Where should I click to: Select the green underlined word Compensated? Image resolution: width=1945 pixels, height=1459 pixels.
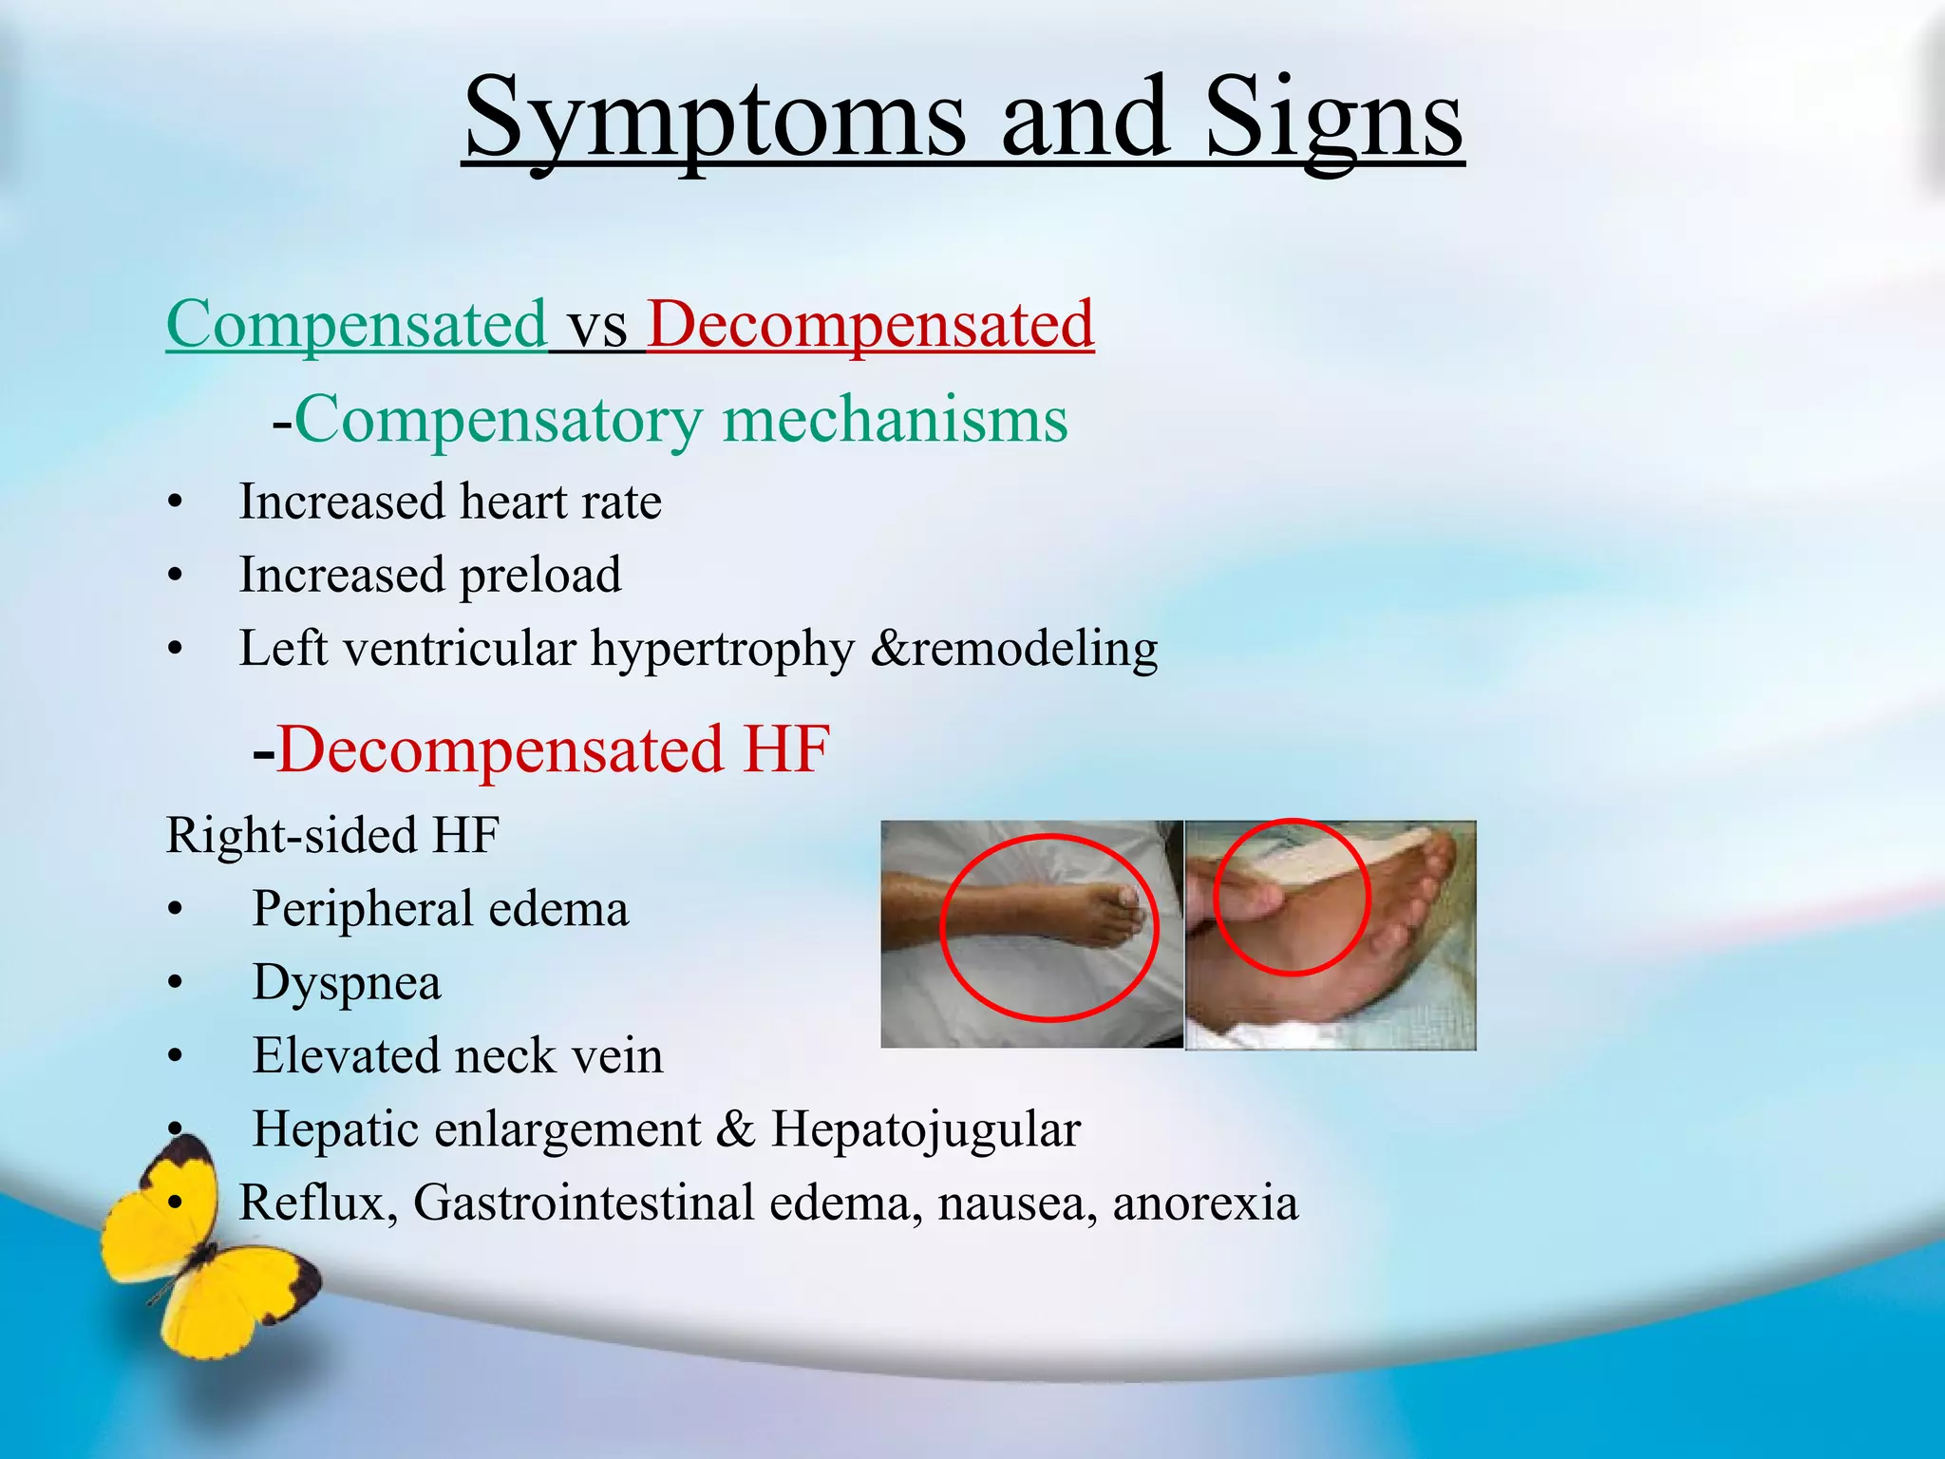click(x=356, y=325)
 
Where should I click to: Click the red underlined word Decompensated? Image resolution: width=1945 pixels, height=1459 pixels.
click(x=870, y=325)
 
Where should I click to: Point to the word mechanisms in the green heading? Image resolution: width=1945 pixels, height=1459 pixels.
click(x=895, y=420)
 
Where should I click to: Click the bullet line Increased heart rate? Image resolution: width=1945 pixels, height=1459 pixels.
click(x=449, y=502)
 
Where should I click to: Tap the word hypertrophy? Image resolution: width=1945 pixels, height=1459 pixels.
click(x=722, y=650)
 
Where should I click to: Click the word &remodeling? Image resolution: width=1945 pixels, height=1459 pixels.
click(x=1013, y=649)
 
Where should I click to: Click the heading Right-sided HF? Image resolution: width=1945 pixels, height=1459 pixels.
click(x=332, y=836)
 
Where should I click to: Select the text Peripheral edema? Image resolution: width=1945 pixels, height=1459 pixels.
click(x=440, y=909)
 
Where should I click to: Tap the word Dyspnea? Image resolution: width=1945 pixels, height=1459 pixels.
click(x=347, y=983)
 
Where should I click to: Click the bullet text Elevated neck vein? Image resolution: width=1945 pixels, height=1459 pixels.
click(x=458, y=1056)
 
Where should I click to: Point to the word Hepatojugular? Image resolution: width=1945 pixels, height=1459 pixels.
click(x=925, y=1130)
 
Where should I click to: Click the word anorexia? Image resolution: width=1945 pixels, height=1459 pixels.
click(x=1204, y=1203)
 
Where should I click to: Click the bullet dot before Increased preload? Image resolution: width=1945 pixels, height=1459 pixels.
click(x=175, y=576)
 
